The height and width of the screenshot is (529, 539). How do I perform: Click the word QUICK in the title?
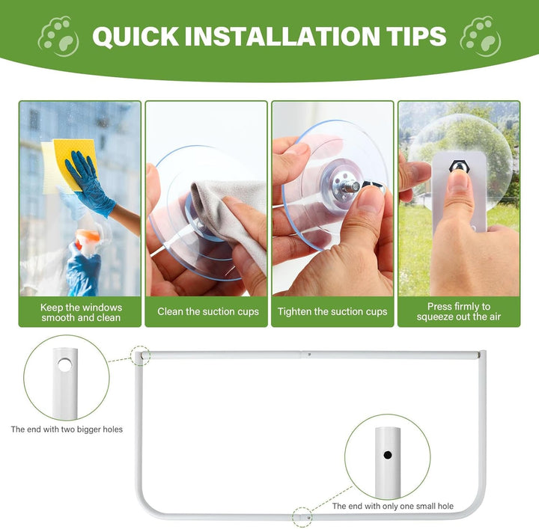tap(135, 36)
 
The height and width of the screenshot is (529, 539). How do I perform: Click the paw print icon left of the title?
tap(58, 37)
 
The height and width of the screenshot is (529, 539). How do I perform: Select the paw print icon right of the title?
tap(481, 37)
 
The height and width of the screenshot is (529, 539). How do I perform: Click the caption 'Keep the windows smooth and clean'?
tap(81, 312)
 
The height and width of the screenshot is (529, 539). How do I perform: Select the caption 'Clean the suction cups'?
tap(208, 311)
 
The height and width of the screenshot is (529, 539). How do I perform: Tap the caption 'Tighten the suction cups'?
tap(332, 311)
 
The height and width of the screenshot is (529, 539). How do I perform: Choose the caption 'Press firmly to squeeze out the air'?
tap(459, 311)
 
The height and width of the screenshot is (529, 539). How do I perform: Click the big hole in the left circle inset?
tap(64, 365)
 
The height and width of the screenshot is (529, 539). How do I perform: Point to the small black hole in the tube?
tap(388, 455)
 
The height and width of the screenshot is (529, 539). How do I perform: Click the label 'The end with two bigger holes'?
tap(67, 429)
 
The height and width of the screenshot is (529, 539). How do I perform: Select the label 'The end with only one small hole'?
tap(393, 506)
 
